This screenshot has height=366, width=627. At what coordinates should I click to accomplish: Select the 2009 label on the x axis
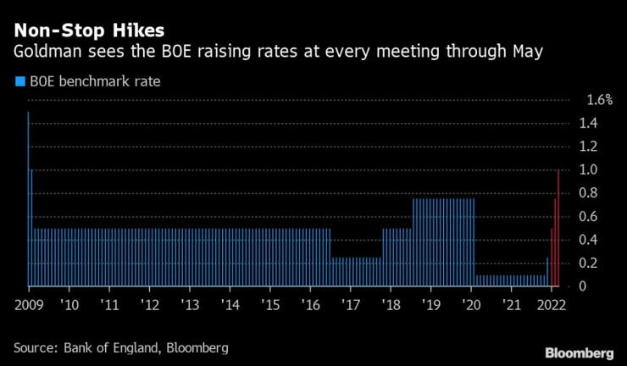click(28, 304)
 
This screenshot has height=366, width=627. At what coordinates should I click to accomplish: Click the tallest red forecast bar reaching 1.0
click(558, 229)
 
